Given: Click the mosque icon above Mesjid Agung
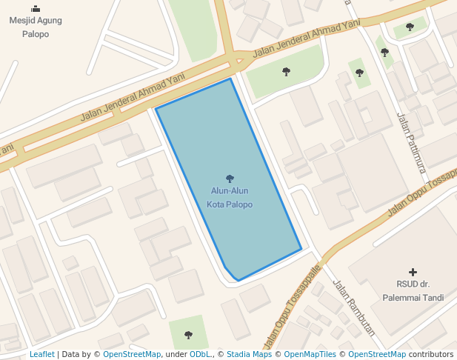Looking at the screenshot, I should click(35, 9).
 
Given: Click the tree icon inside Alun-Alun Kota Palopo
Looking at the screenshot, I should click(230, 179).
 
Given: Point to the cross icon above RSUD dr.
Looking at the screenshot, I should click(413, 272).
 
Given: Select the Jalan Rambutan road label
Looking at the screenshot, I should click(353, 307).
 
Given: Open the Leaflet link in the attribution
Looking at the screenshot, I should click(42, 354).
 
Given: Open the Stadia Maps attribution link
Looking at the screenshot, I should click(249, 354).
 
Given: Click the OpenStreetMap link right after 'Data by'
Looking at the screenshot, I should click(132, 354).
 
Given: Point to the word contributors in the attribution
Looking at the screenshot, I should click(431, 354).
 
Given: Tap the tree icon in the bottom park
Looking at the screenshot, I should click(188, 335).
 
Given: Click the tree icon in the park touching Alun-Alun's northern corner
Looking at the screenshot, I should click(286, 72).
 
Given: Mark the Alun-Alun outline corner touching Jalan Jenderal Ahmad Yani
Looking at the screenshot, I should click(231, 79).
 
